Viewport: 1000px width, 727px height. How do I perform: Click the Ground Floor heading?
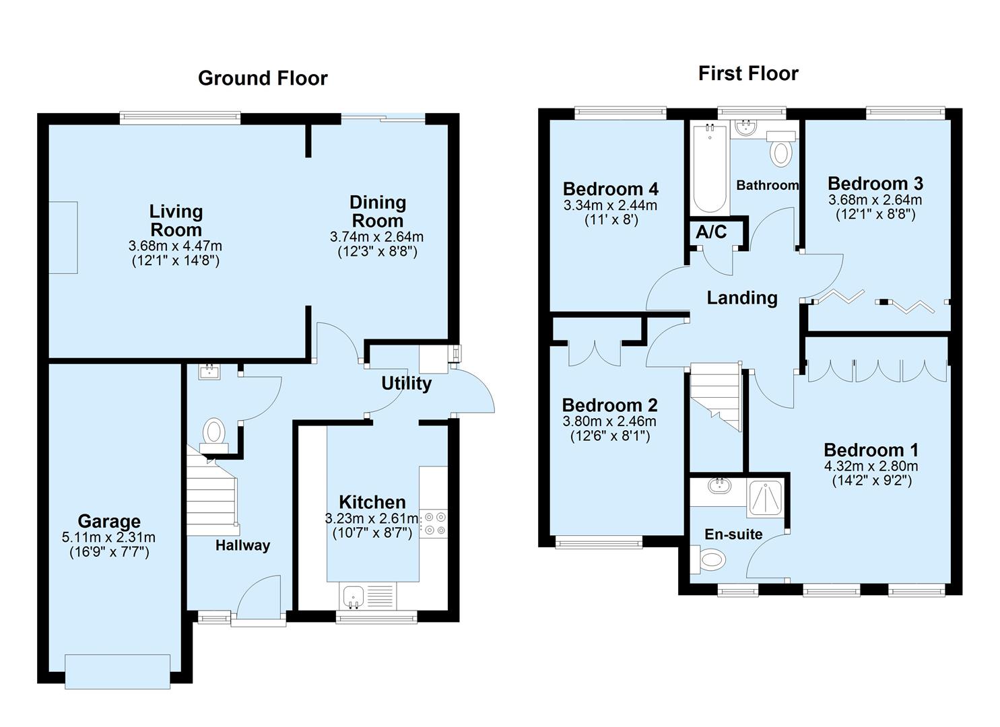(x=263, y=78)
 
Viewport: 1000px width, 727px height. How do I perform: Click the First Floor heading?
(x=748, y=73)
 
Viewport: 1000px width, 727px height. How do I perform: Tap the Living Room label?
(x=176, y=220)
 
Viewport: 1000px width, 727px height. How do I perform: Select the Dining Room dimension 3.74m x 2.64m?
(x=376, y=237)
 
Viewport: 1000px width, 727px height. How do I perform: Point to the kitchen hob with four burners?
(x=434, y=524)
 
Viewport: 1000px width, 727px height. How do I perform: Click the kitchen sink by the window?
(x=353, y=596)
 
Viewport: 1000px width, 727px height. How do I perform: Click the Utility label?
(x=406, y=384)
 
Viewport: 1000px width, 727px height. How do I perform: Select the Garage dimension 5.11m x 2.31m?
(x=108, y=537)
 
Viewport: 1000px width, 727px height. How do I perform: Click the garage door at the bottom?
(x=118, y=671)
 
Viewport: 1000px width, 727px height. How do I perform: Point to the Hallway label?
(x=242, y=545)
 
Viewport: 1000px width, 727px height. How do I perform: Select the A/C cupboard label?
(x=711, y=232)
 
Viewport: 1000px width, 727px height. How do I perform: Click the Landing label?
(x=742, y=298)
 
